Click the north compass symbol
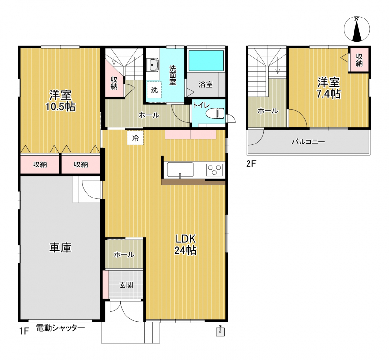pyautogui.click(x=357, y=29)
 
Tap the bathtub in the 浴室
pyautogui.click(x=206, y=61)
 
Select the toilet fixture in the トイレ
pyautogui.click(x=215, y=113)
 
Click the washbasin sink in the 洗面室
pyautogui.click(x=152, y=65)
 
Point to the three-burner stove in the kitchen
pyautogui.click(x=214, y=170)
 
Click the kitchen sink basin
pyautogui.click(x=180, y=170)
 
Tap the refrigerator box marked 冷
pyautogui.click(x=136, y=138)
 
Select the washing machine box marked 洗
pyautogui.click(x=154, y=90)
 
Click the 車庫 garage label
pyautogui.click(x=60, y=248)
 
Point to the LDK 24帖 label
pyautogui.click(x=186, y=245)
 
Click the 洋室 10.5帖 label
pyautogui.click(x=60, y=101)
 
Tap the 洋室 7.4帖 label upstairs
pyautogui.click(x=329, y=88)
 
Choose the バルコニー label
pyautogui.click(x=308, y=142)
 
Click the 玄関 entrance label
pyautogui.click(x=126, y=285)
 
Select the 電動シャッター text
pyautogui.click(x=60, y=328)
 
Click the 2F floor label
pyautogui.click(x=251, y=163)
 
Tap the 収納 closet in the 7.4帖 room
pyautogui.click(x=359, y=59)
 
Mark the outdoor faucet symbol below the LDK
pyautogui.click(x=220, y=331)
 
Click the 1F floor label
pyautogui.click(x=24, y=331)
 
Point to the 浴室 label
pyautogui.click(x=206, y=84)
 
